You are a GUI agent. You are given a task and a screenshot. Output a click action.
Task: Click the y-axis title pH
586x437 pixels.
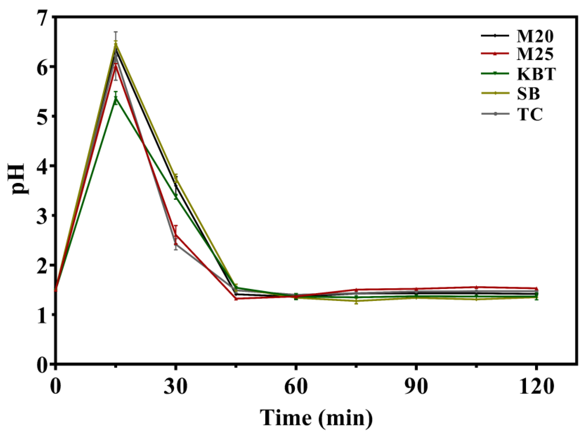point(21,179)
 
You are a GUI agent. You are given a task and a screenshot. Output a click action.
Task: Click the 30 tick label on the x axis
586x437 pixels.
point(175,387)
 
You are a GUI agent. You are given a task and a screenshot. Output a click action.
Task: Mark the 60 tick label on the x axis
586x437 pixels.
point(296,387)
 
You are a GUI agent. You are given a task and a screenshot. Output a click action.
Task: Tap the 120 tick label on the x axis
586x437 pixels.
point(536,387)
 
